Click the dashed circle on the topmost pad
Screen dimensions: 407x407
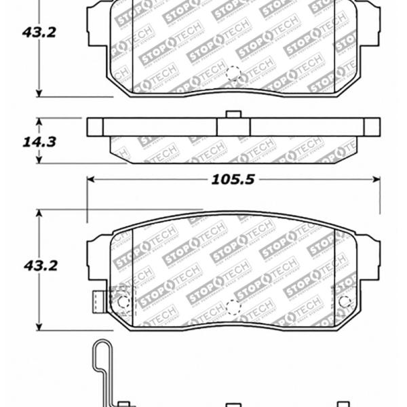pyautogui.click(x=233, y=73)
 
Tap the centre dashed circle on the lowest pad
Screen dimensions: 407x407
pyautogui.click(x=233, y=306)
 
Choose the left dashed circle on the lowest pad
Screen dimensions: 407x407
pyautogui.click(x=123, y=302)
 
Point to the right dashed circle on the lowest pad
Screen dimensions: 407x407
pyautogui.click(x=345, y=302)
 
